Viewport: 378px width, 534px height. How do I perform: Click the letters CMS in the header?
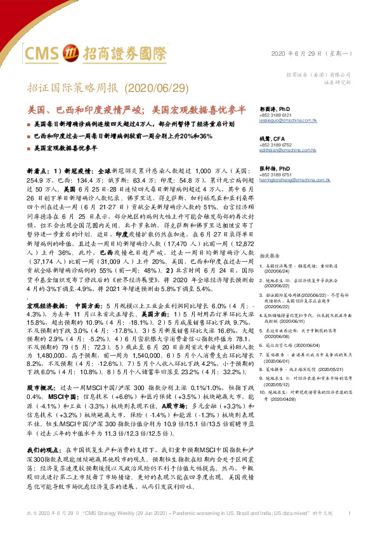pyautogui.click(x=44, y=51)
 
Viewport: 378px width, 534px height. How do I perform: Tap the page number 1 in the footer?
pyautogui.click(x=351, y=512)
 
